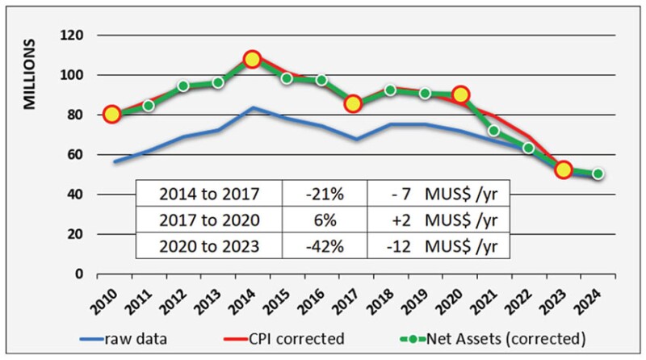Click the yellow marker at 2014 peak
coord(252,59)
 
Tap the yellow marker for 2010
coord(112,115)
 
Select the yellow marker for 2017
coord(353,103)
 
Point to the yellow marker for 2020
coord(461,95)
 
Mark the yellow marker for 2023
coord(564,170)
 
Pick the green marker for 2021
coord(493,131)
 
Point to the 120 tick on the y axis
coord(74,36)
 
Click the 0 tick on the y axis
coord(80,274)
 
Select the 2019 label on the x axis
coord(420,304)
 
